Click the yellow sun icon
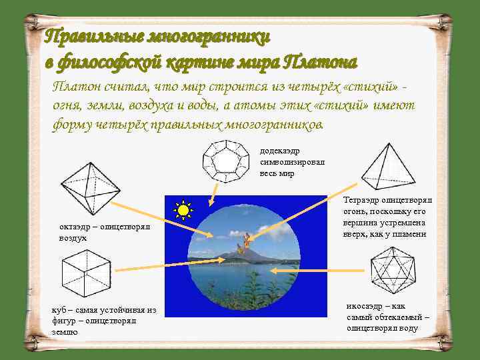pyautogui.click(x=182, y=211)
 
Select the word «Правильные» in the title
pyautogui.click(x=87, y=36)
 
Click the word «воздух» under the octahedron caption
pyautogui.click(x=73, y=238)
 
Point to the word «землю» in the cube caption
pyautogui.click(x=64, y=331)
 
